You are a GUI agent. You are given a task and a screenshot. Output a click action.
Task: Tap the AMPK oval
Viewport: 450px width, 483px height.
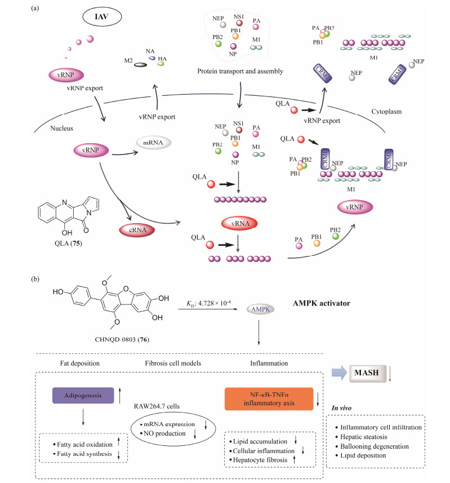[259, 309]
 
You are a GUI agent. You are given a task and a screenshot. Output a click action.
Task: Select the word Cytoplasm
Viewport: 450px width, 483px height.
[386, 112]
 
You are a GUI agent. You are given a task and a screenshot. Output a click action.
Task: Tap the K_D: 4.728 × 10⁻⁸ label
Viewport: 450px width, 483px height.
[207, 304]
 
